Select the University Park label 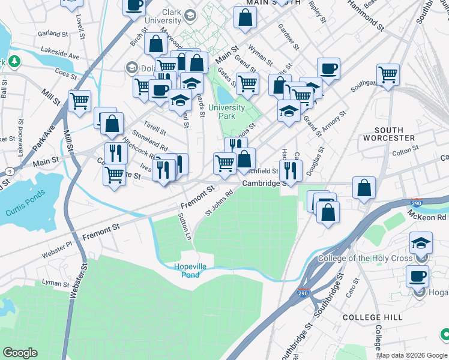tap(226, 112)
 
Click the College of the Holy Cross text tap(367, 259)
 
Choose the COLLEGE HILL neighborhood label tap(370, 317)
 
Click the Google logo tap(20, 353)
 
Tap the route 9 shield tap(10, 172)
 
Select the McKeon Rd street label tap(427, 215)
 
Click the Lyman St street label tap(56, 282)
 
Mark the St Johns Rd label tap(218, 203)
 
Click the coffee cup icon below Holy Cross tap(417, 276)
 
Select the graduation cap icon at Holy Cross tap(421, 243)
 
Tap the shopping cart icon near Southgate tap(388, 74)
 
